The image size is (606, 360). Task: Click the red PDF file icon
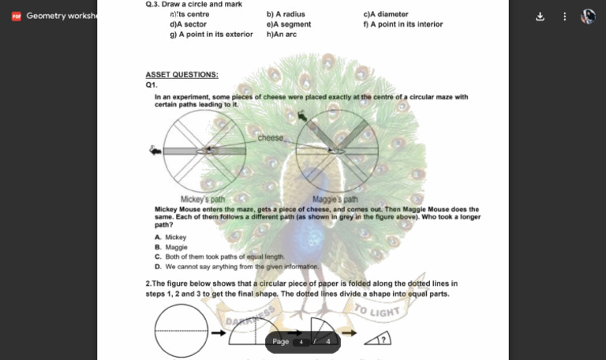pos(16,16)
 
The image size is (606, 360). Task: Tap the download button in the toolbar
pos(540,16)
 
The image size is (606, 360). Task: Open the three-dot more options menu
pos(564,16)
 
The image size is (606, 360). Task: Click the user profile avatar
pos(589,16)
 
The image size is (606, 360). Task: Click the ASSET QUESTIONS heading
pos(181,75)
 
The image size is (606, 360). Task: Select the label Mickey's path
pos(203,199)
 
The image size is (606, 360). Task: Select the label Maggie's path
pos(335,199)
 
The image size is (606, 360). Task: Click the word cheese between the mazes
pos(271,138)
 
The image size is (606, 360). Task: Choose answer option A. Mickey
pos(171,237)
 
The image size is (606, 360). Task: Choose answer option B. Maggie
pos(171,247)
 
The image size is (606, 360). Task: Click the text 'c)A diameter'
pos(385,14)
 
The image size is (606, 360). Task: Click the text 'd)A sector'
pos(188,24)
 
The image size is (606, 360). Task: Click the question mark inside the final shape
pos(383,340)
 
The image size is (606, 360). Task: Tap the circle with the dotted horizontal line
pos(181,331)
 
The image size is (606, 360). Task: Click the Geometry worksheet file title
pos(60,16)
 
